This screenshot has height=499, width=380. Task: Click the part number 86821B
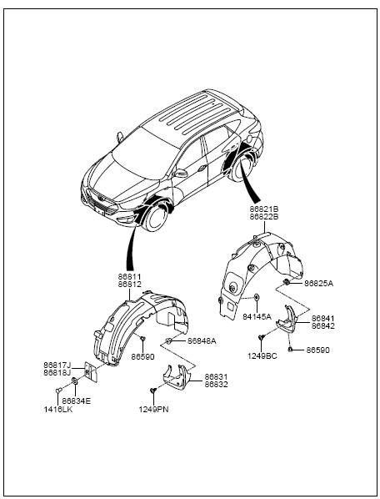(x=263, y=209)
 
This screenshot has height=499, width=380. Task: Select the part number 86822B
(x=263, y=217)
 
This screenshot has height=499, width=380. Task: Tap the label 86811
(x=129, y=277)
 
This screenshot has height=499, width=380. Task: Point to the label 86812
(x=129, y=285)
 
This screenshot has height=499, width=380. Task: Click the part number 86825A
(x=318, y=283)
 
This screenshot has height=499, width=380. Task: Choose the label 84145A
(x=257, y=316)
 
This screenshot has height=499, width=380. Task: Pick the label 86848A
(x=202, y=341)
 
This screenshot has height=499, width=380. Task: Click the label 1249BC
(x=262, y=356)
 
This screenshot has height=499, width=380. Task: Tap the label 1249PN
(x=153, y=410)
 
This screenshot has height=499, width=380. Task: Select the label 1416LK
(x=58, y=410)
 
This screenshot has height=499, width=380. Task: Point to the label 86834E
(x=77, y=401)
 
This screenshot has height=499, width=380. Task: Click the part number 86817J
(x=57, y=365)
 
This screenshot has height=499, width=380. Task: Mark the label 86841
(x=322, y=319)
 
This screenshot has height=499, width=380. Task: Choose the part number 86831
(x=216, y=377)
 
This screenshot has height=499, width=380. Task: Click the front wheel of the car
(x=155, y=217)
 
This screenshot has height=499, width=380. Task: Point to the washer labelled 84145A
(x=257, y=298)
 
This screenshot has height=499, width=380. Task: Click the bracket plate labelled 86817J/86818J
(x=90, y=372)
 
